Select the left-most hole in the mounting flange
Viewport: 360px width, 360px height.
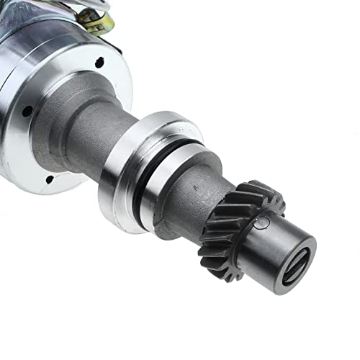click(27, 112)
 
